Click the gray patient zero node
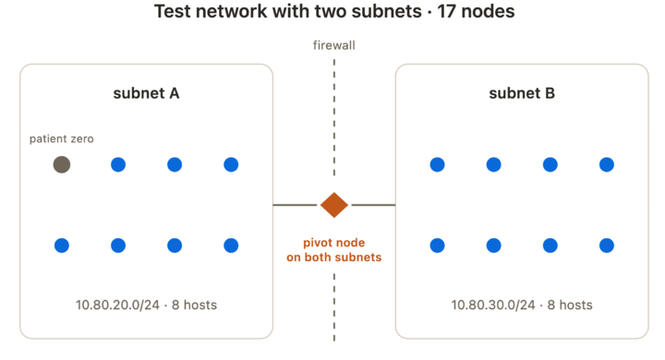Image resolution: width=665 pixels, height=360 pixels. click(x=62, y=164)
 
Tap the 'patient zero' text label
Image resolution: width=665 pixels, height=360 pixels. click(x=62, y=138)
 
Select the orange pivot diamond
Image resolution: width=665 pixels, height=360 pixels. click(x=334, y=205)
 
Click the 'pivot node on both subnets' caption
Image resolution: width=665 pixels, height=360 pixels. click(x=334, y=250)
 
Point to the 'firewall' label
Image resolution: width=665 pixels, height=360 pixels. click(x=334, y=45)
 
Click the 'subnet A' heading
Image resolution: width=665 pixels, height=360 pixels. click(x=146, y=93)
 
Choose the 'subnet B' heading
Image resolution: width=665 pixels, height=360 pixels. click(x=522, y=93)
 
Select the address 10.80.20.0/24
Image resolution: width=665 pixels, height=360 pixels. click(x=117, y=305)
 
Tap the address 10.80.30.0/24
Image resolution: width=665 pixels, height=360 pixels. click(x=493, y=305)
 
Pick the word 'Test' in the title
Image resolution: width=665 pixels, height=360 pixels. click(x=172, y=11)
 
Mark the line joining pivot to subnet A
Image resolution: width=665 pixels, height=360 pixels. click(x=295, y=205)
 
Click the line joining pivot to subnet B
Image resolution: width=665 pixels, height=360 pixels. click(x=374, y=205)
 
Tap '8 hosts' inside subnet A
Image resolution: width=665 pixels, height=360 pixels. click(x=194, y=305)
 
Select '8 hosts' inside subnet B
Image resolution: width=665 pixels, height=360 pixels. click(x=570, y=305)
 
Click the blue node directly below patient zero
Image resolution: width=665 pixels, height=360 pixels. click(x=62, y=246)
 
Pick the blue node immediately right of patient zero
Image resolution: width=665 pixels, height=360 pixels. click(x=118, y=164)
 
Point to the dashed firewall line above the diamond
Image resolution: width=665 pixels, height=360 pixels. click(x=334, y=117)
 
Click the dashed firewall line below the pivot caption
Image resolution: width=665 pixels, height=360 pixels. click(x=334, y=307)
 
